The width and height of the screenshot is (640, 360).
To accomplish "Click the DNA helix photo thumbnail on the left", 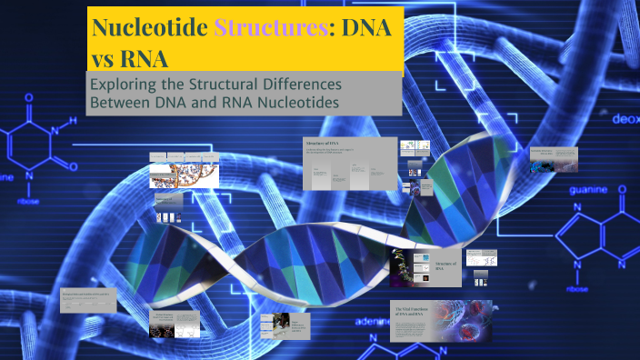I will (185, 170).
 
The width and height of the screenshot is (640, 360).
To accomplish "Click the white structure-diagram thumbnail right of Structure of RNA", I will (481, 258).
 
